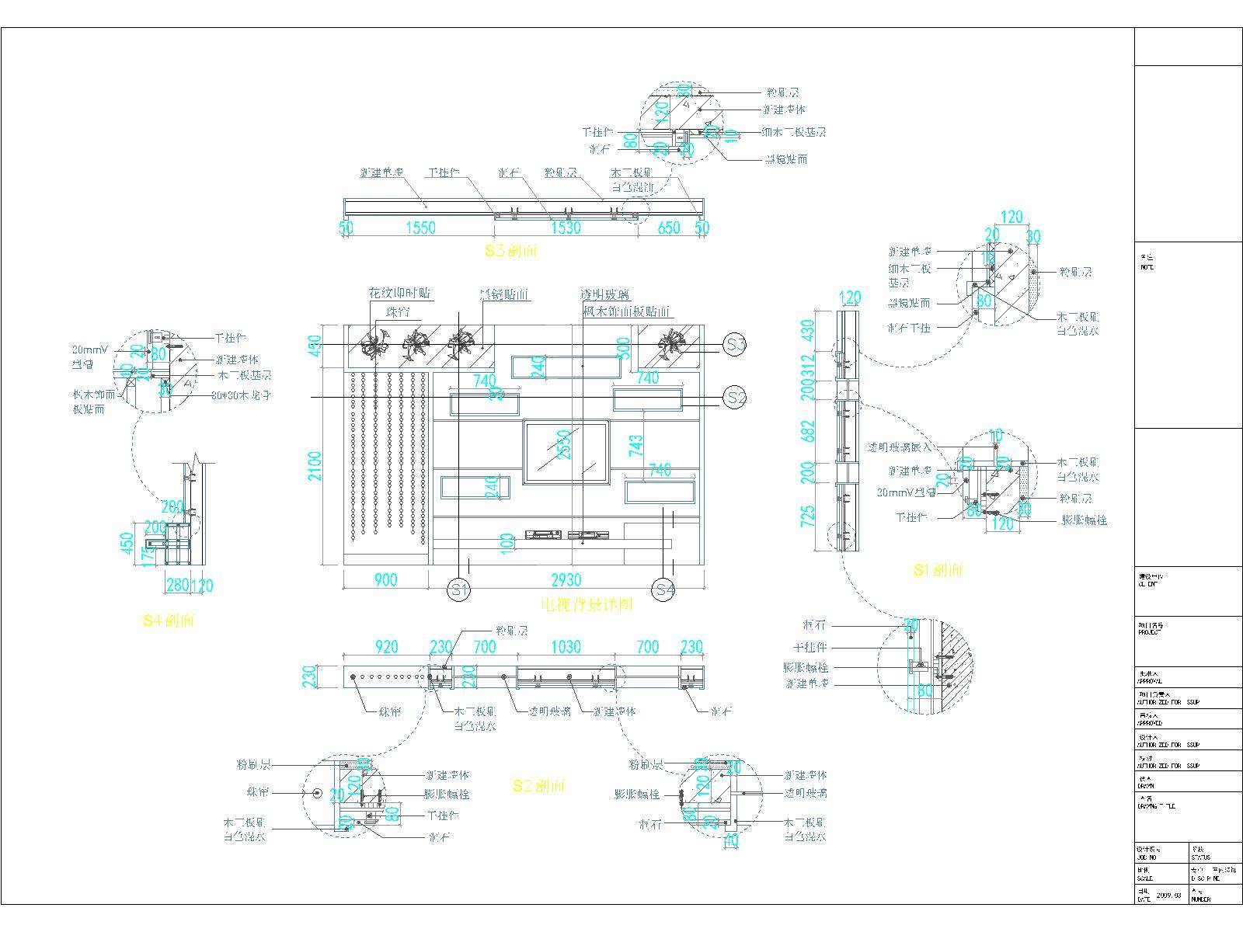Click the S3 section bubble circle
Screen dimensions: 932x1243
tap(735, 344)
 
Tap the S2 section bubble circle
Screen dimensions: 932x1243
tap(735, 398)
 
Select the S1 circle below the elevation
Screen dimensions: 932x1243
tap(459, 589)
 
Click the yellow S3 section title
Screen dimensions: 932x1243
tap(511, 251)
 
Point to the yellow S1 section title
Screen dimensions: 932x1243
tap(938, 571)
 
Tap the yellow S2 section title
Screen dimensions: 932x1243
tap(538, 787)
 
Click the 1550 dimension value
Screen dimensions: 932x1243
tap(420, 228)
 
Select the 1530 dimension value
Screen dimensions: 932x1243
tap(565, 228)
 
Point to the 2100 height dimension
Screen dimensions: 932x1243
tap(315, 465)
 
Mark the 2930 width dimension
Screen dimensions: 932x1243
tap(566, 580)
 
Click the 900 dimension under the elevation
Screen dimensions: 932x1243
tap(385, 580)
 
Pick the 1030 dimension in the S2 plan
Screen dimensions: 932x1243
tap(566, 647)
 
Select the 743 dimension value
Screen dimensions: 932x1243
tap(635, 445)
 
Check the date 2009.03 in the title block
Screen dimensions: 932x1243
tap(1169, 895)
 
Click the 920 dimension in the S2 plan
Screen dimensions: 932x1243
tap(386, 647)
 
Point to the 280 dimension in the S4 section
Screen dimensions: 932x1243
tap(178, 585)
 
